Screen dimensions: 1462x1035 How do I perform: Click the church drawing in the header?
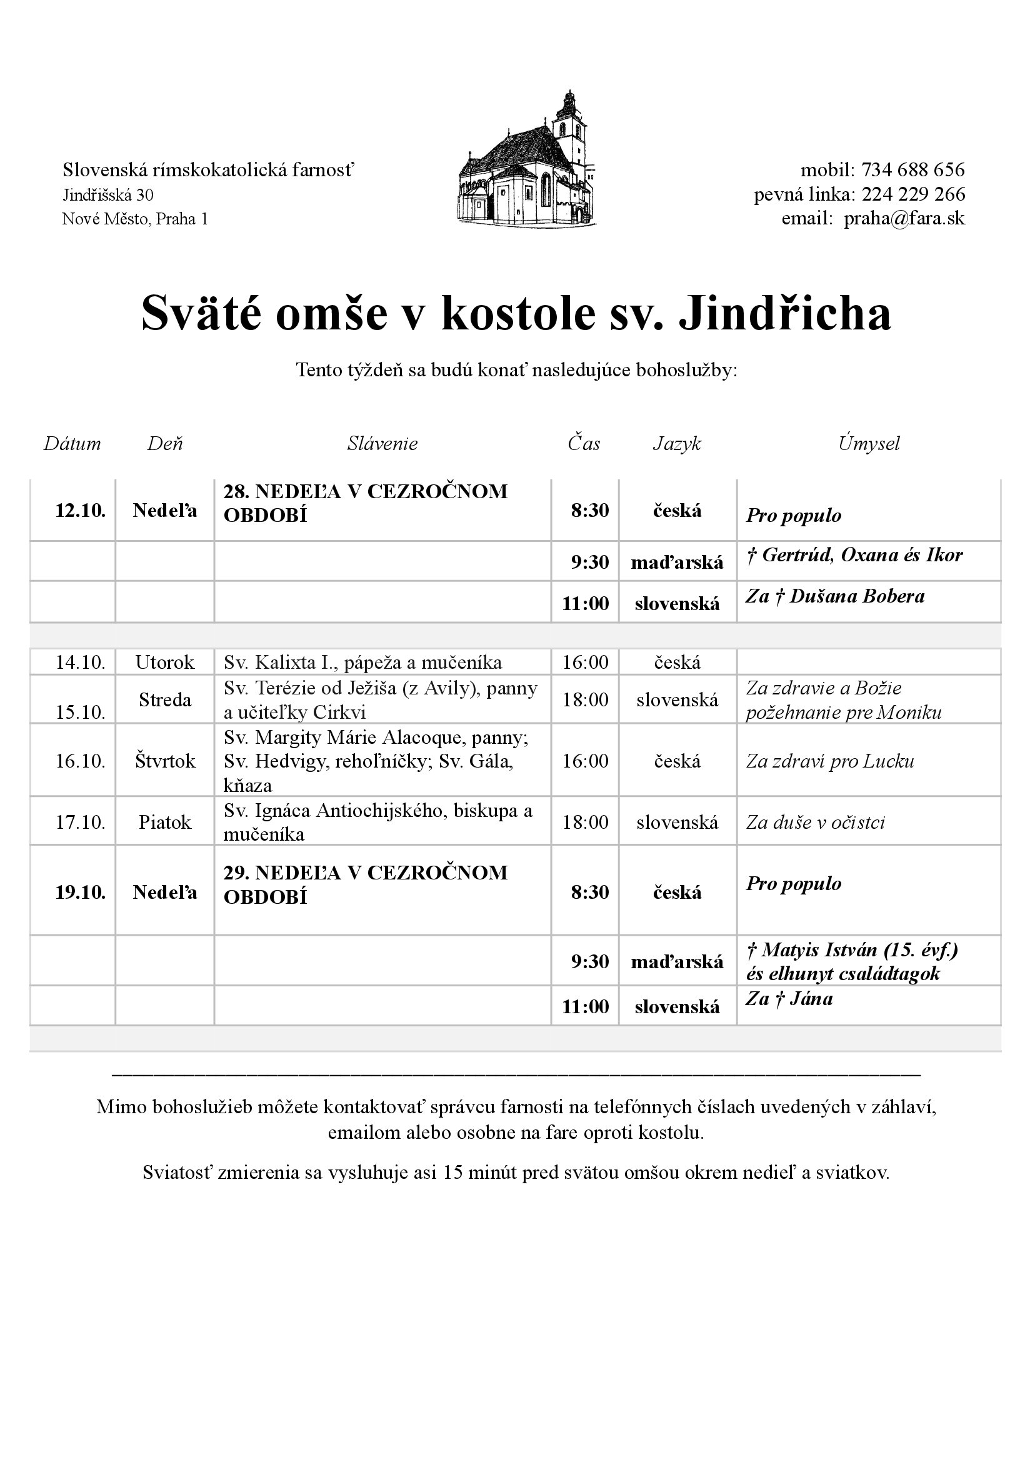click(527, 159)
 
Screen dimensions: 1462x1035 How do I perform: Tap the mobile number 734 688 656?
click(912, 170)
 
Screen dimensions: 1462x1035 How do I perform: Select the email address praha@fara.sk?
click(904, 219)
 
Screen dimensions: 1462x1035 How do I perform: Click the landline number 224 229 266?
click(912, 194)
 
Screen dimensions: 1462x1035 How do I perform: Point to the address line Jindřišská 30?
click(107, 194)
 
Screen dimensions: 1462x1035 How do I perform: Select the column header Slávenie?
click(382, 444)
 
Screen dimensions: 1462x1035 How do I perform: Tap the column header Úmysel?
click(869, 444)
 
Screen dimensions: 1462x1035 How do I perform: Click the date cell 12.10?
click(80, 511)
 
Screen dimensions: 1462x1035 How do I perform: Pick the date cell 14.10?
click(80, 662)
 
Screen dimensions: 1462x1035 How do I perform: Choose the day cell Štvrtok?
click(165, 761)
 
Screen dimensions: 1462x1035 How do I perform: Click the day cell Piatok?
click(165, 822)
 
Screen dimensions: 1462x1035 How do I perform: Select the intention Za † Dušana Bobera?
click(835, 596)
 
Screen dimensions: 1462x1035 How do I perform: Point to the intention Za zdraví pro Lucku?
click(830, 761)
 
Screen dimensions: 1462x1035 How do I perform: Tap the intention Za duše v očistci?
click(815, 822)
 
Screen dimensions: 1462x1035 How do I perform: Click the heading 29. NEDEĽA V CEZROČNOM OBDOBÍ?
click(365, 884)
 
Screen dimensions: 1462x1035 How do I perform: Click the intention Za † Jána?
click(789, 999)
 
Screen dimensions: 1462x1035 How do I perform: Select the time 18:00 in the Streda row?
click(585, 700)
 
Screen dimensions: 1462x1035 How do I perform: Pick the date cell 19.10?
click(80, 892)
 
